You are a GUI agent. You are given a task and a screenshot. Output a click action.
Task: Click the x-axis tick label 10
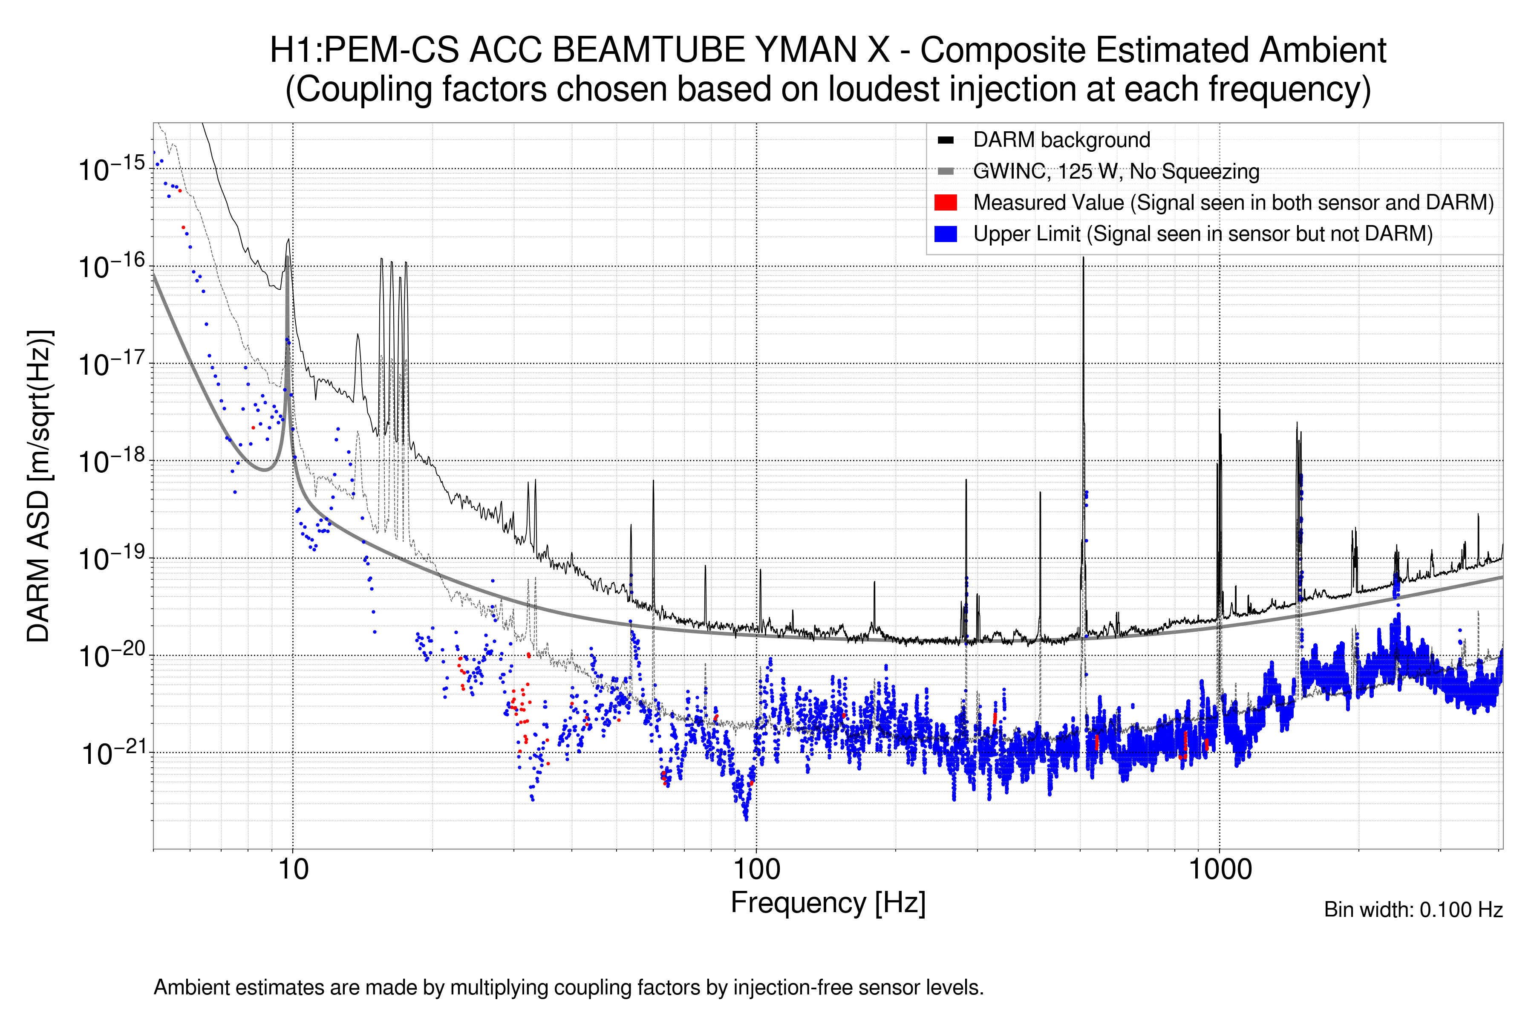(x=293, y=870)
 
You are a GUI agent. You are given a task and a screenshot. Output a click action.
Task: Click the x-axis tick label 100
(x=757, y=870)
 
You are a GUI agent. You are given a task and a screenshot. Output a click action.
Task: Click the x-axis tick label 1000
(x=1220, y=870)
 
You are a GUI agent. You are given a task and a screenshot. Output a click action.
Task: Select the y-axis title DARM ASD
(x=39, y=486)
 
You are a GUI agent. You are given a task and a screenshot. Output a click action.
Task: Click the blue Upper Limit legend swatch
(x=945, y=234)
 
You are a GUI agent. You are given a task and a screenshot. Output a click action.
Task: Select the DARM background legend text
(x=1061, y=140)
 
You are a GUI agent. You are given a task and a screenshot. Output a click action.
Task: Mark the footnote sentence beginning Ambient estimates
(x=568, y=988)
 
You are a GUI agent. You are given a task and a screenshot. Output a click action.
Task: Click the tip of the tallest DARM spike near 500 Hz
(x=1083, y=258)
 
